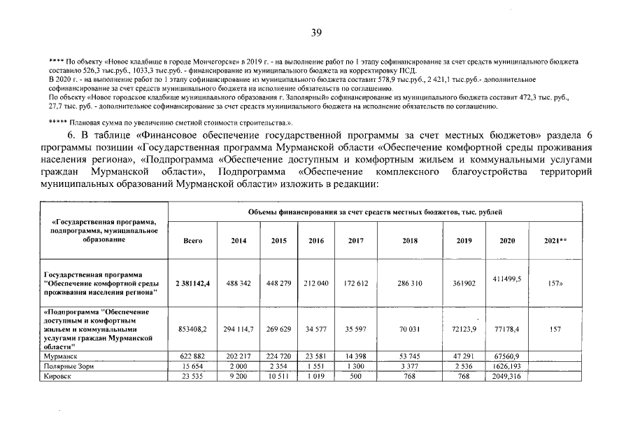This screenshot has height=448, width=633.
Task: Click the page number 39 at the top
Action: (x=316, y=32)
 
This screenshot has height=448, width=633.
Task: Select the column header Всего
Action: (x=192, y=240)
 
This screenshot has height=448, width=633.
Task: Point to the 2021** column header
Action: (x=555, y=240)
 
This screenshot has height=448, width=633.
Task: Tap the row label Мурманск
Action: (x=60, y=356)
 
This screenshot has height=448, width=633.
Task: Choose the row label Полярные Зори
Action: (x=70, y=366)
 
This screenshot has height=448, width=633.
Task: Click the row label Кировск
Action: (x=58, y=376)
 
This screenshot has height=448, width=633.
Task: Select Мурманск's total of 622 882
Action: (x=192, y=356)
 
